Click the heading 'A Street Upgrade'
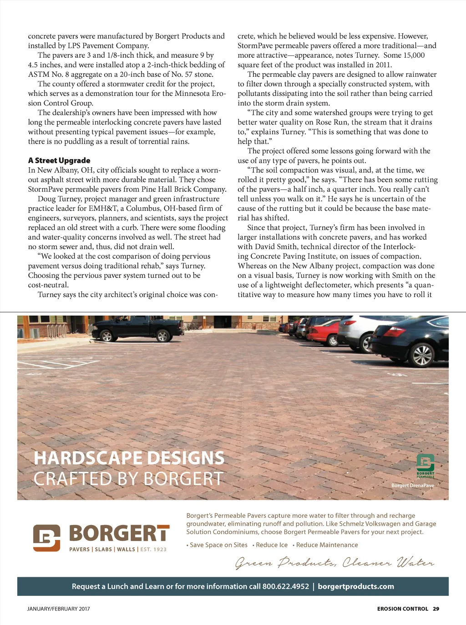pos(59,160)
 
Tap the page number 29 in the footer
pos(436,609)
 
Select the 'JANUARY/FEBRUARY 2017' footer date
pos(59,609)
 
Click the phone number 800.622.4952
pos(285,586)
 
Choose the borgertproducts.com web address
pos(356,586)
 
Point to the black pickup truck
pos(137,328)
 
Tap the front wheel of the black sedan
pos(422,354)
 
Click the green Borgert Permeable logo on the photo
pos(425,465)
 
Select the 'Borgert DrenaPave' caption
pos(412,485)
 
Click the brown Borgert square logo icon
pos(46,538)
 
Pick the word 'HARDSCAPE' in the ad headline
pos(88,458)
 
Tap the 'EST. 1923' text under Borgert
pos(153,550)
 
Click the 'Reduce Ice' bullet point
pos(272,545)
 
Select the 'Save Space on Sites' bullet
pos(218,545)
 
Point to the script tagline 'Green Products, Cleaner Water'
pos(334,563)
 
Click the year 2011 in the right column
pos(384,65)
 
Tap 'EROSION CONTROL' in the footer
pos(402,609)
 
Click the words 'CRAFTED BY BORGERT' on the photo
pos(128,479)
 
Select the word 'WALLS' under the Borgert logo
pos(126,550)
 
